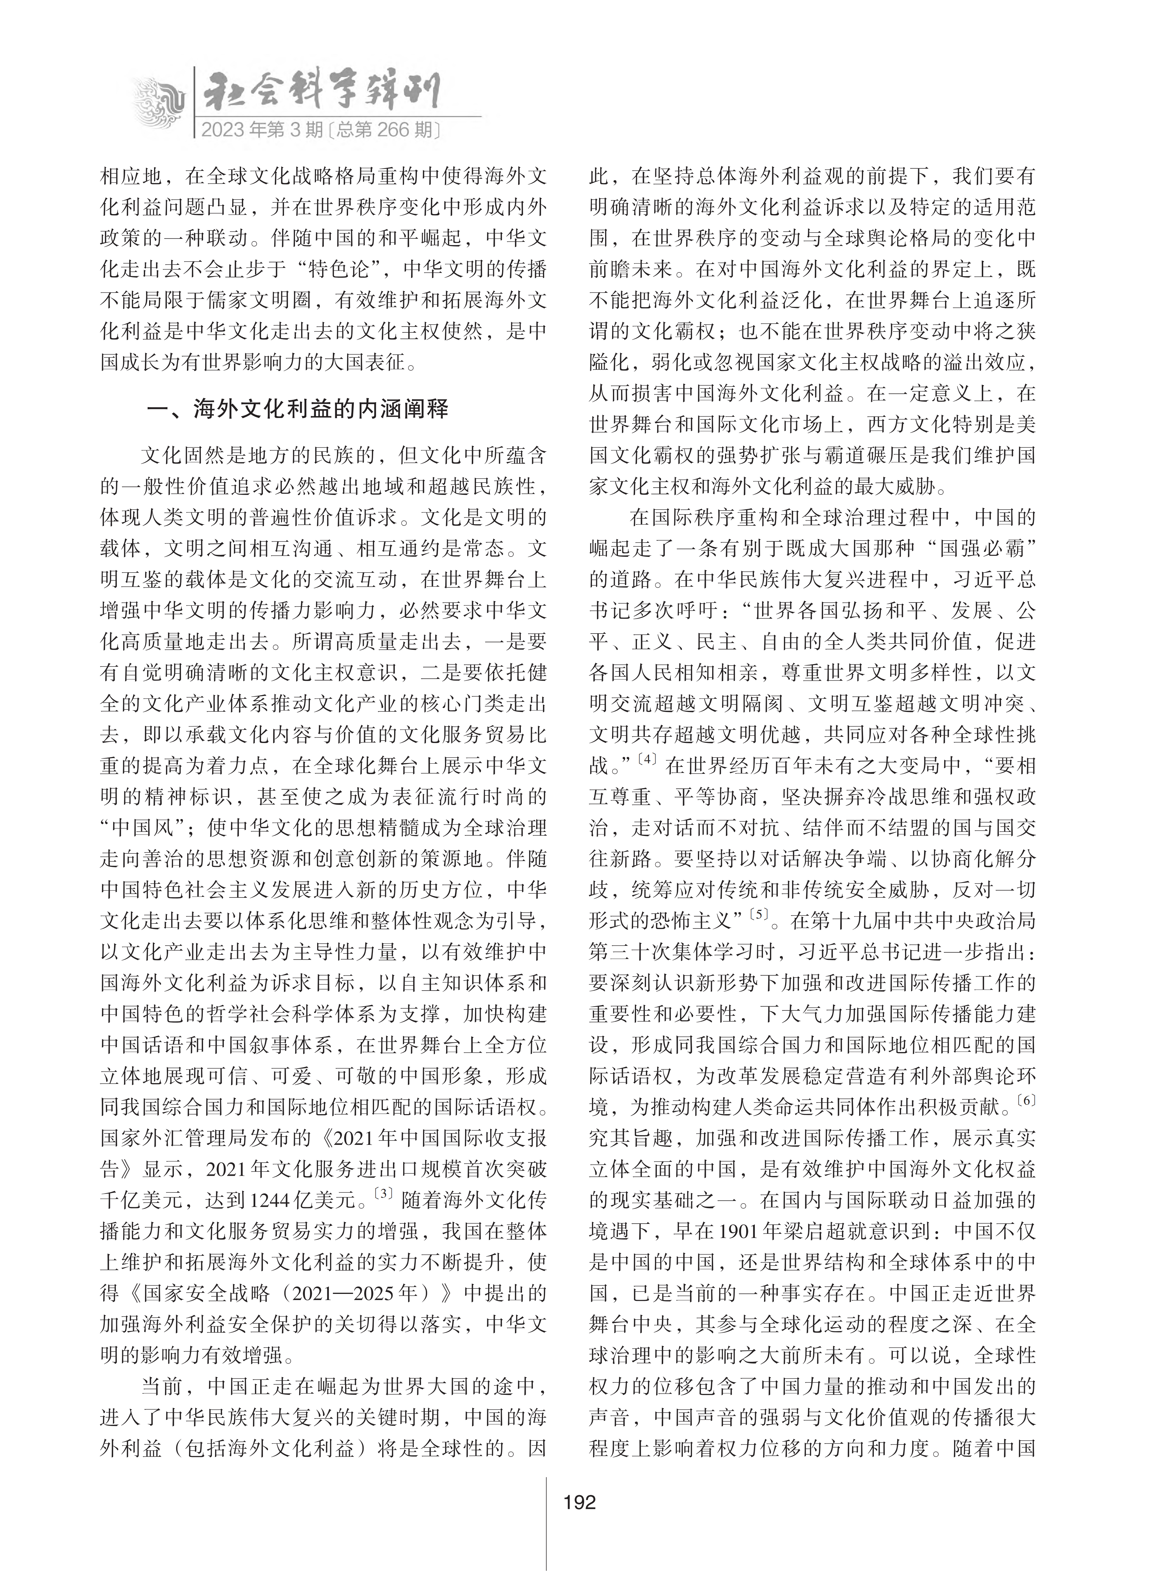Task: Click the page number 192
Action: pyautogui.click(x=579, y=1502)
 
